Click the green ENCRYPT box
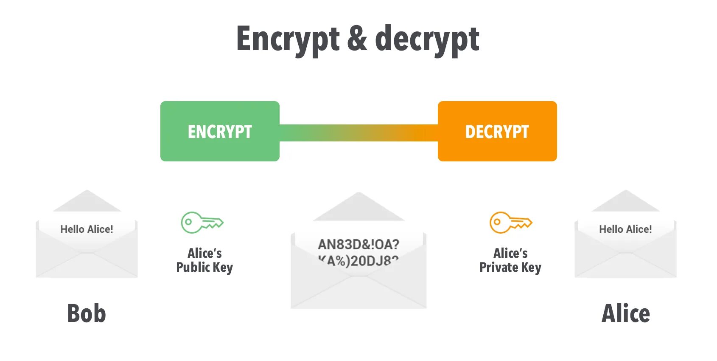(220, 131)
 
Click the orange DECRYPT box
(497, 131)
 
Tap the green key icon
(202, 223)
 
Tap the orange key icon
(510, 223)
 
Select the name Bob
(87, 313)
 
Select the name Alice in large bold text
(626, 313)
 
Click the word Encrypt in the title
(288, 39)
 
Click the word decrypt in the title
(427, 39)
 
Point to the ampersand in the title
(357, 39)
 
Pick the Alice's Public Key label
(204, 260)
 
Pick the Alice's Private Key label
(510, 260)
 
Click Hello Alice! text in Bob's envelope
(87, 229)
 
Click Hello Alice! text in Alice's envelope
(625, 229)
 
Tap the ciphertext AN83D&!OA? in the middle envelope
(358, 245)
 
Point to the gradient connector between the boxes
(358, 133)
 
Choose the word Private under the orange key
(499, 268)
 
